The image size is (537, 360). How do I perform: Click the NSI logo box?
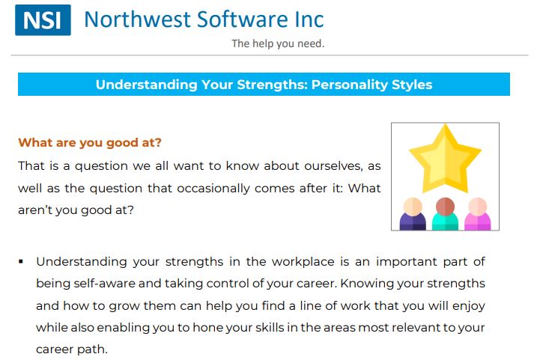tap(43, 20)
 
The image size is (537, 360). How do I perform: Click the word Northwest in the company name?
tap(137, 19)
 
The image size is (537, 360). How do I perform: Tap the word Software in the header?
tap(243, 19)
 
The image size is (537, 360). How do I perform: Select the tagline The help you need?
tap(278, 43)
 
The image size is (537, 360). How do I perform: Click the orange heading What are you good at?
tap(90, 142)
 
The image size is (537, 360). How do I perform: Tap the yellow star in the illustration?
tap(445, 158)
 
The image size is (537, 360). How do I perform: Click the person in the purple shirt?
tap(413, 213)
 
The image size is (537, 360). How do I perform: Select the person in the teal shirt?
tap(445, 213)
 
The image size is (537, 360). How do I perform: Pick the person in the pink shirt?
tap(477, 213)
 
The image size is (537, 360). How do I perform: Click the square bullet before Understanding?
tap(21, 262)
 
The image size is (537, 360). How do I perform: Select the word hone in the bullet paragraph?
tap(204, 328)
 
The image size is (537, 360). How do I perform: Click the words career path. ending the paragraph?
tap(72, 350)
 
